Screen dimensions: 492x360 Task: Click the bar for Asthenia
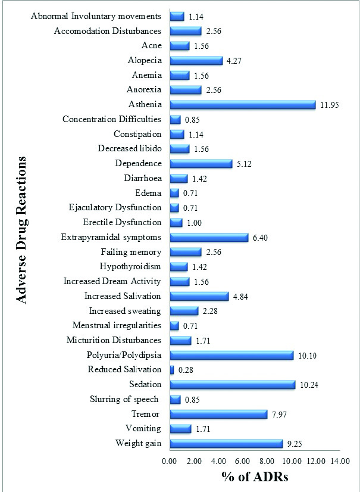pyautogui.click(x=242, y=105)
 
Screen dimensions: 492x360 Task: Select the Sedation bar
pyautogui.click(x=232, y=385)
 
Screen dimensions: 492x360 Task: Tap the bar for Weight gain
pyautogui.click(x=226, y=443)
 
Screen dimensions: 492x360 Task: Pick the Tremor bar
pyautogui.click(x=218, y=414)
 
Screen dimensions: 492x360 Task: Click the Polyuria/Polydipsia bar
pyautogui.click(x=231, y=355)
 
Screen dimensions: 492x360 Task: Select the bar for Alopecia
pyautogui.click(x=196, y=60)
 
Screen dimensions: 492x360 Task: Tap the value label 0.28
pyautogui.click(x=187, y=370)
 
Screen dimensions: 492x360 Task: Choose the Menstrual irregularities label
pyautogui.click(x=117, y=325)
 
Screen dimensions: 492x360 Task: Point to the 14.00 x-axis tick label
pyautogui.click(x=340, y=460)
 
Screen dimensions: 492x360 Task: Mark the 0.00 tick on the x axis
pyautogui.click(x=170, y=460)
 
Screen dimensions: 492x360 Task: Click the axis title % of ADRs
pyautogui.click(x=255, y=478)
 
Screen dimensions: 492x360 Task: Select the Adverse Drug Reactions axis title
pyautogui.click(x=22, y=229)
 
